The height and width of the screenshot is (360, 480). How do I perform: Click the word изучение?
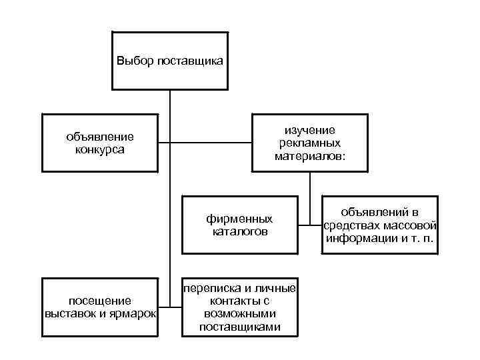[x=310, y=130]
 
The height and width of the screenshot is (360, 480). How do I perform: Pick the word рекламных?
[x=310, y=143]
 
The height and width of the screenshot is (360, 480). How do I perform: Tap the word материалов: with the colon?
[x=310, y=155]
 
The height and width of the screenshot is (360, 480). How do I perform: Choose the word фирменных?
[x=239, y=219]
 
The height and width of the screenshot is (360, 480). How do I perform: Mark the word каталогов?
[x=239, y=231]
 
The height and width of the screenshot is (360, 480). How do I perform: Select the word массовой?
[x=412, y=225]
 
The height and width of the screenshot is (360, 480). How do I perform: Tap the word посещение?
[x=100, y=301]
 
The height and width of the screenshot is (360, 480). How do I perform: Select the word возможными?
[x=239, y=313]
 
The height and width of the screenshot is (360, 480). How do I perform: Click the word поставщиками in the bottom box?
[x=239, y=326]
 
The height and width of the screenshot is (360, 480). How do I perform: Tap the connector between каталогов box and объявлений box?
[x=309, y=225]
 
